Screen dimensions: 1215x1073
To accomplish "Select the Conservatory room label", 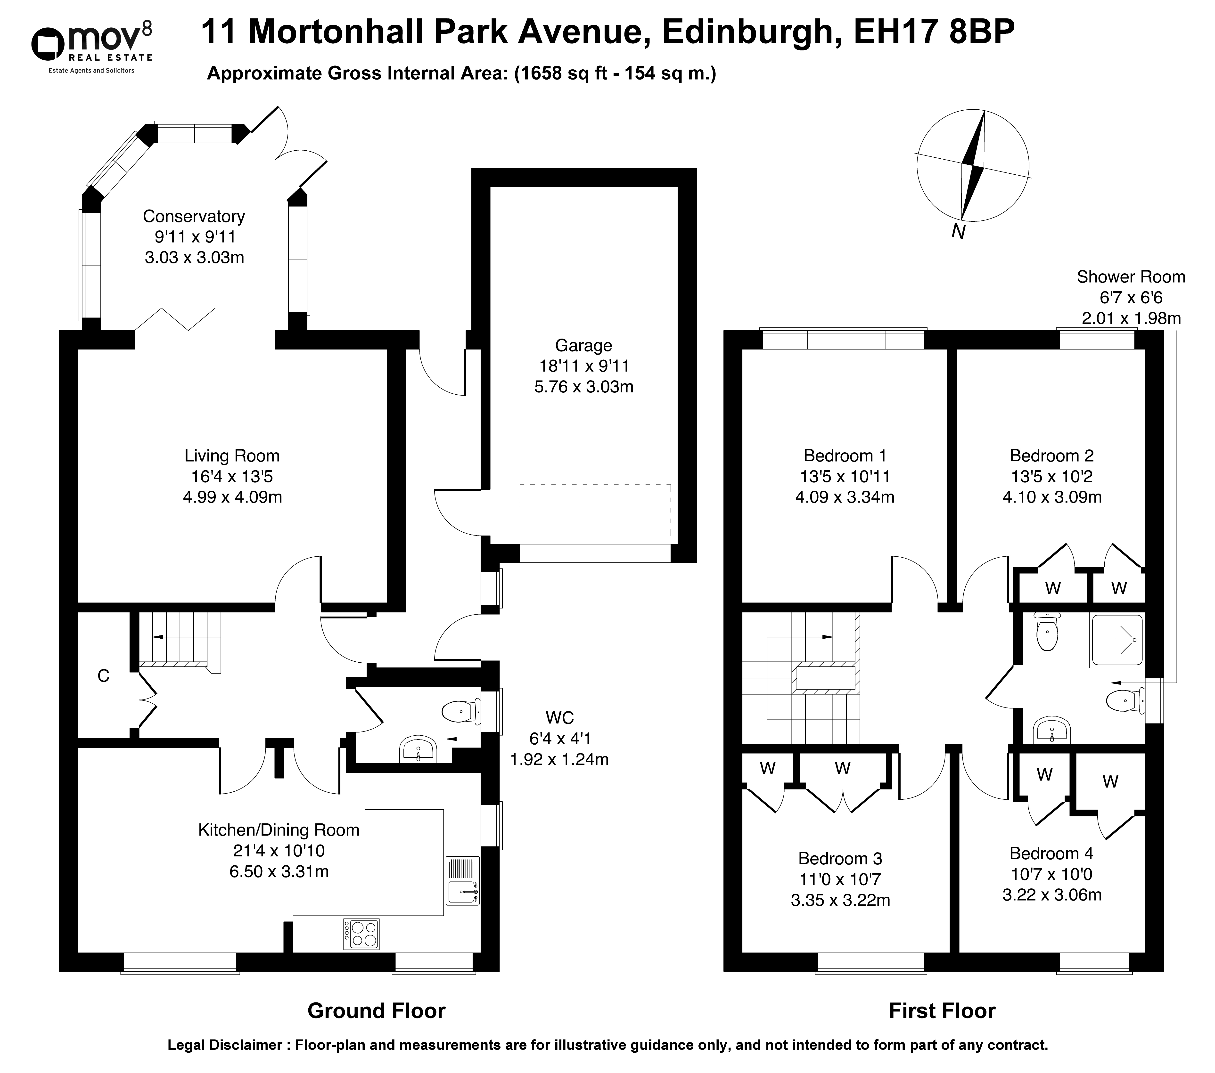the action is click(194, 216).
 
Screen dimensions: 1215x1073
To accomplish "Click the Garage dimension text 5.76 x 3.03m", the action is click(584, 387).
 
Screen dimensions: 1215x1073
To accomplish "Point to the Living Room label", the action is click(232, 456).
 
